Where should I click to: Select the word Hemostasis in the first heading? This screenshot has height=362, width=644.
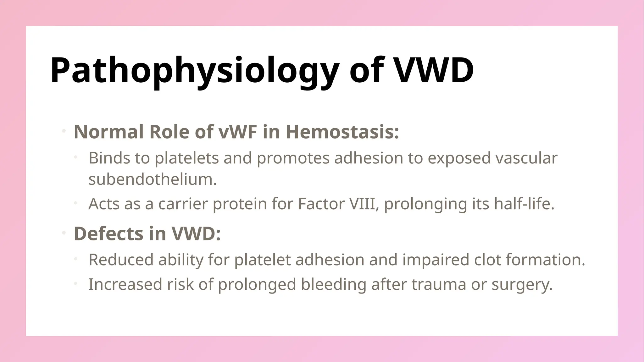(342, 132)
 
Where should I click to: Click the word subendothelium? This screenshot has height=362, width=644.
(153, 179)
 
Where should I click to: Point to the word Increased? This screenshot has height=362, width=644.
(125, 284)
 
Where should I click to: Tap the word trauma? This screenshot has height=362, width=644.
(439, 284)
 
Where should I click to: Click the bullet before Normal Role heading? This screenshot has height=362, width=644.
(64, 131)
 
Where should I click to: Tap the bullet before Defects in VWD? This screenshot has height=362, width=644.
(64, 233)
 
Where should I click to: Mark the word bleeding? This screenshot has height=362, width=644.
(333, 284)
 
